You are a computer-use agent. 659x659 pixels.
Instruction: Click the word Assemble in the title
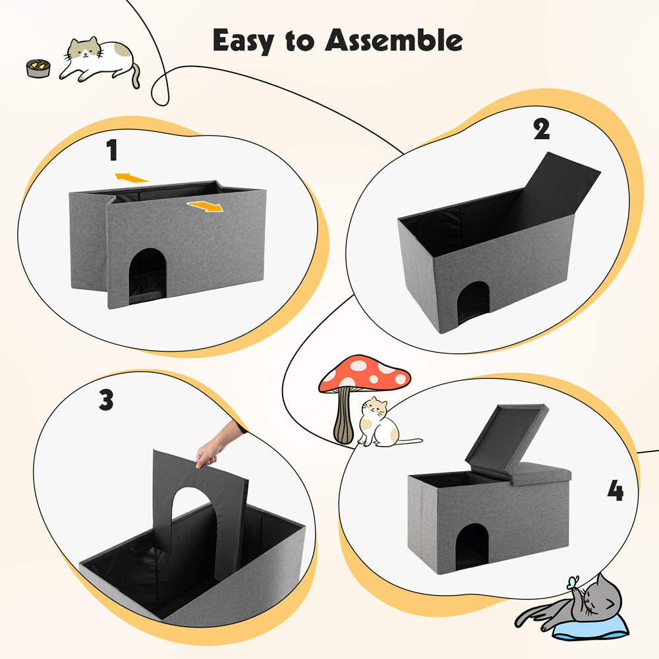(394, 40)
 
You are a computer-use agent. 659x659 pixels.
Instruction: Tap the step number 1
(112, 151)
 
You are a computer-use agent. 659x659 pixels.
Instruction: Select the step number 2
(541, 129)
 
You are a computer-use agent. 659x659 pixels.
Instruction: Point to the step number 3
(106, 400)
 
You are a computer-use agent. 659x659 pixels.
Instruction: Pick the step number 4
(615, 491)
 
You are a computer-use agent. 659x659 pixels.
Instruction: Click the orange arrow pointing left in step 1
(130, 177)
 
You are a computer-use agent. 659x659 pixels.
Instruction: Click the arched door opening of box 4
(473, 545)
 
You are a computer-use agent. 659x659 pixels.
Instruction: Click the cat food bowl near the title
(37, 67)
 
